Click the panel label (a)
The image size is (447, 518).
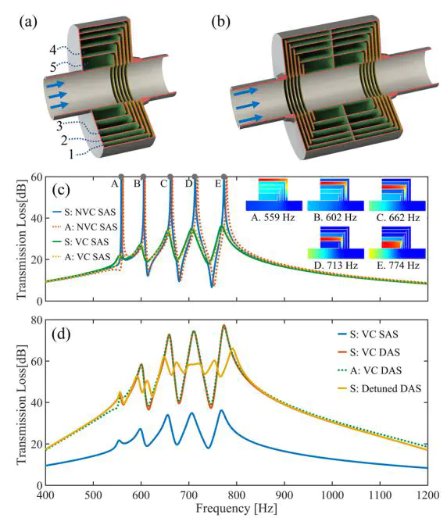(x=28, y=22)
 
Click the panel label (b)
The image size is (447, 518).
(x=221, y=22)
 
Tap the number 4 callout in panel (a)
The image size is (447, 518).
(x=53, y=50)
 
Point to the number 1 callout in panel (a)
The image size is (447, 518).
(x=71, y=154)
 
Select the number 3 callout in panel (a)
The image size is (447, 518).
(x=59, y=126)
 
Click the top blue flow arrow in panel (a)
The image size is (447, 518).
(x=55, y=85)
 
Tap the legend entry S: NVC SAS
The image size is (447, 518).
(x=84, y=212)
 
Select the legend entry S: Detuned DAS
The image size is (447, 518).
(x=379, y=388)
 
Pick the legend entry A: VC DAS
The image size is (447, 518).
(x=370, y=370)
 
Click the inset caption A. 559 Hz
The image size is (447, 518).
(x=273, y=218)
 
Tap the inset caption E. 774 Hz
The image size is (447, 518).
(x=398, y=266)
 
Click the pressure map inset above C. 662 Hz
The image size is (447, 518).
(x=397, y=195)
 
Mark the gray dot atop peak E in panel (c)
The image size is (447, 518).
(x=224, y=177)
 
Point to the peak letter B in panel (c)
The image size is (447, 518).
(x=137, y=184)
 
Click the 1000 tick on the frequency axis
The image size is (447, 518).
(x=332, y=495)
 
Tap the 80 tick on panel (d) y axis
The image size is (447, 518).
(x=37, y=320)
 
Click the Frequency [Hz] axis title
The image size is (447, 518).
(x=236, y=508)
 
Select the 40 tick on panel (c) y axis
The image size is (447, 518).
(x=37, y=218)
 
